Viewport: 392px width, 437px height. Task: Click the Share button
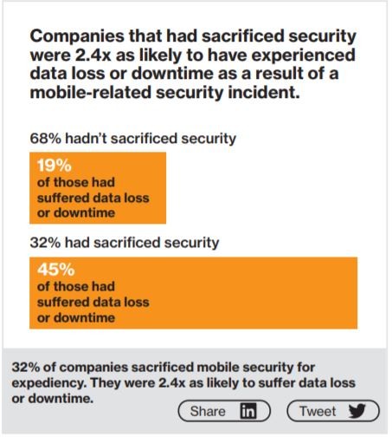pos(224,411)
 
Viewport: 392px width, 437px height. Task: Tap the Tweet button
pos(333,411)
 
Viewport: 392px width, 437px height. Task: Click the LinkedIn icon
pos(248,411)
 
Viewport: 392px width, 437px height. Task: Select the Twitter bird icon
pos(357,411)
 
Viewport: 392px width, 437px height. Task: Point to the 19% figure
pos(55,166)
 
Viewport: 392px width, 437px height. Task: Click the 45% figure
pos(56,270)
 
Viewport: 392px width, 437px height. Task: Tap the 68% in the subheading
pos(45,139)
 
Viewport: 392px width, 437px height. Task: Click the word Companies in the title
pos(77,36)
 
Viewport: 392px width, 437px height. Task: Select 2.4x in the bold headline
pos(93,55)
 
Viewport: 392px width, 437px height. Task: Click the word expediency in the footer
pos(49,383)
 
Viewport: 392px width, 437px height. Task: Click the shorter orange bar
pos(98,188)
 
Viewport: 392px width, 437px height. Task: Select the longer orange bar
pos(193,293)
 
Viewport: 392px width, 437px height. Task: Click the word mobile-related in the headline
pos(91,93)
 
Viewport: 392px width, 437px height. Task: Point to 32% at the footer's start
pos(25,368)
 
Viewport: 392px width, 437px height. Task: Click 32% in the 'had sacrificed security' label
pos(45,243)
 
